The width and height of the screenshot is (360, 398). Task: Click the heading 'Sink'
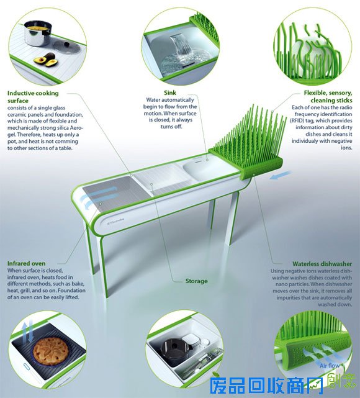click(x=170, y=93)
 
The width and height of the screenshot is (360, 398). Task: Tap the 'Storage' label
click(x=196, y=281)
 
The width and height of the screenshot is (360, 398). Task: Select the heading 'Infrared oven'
click(x=27, y=263)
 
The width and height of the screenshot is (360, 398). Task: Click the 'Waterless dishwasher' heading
click(x=322, y=264)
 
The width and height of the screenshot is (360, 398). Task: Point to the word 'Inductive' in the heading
click(x=19, y=93)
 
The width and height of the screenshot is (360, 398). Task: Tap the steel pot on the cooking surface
click(x=38, y=34)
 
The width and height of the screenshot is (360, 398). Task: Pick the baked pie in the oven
click(x=51, y=351)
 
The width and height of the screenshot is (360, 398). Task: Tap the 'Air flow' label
click(x=330, y=366)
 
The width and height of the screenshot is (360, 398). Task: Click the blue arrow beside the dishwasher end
click(x=281, y=175)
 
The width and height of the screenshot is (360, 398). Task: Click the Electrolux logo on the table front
click(x=115, y=220)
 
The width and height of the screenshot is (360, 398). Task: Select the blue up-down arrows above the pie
click(x=29, y=331)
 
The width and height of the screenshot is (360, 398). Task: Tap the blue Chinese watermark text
click(x=266, y=386)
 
